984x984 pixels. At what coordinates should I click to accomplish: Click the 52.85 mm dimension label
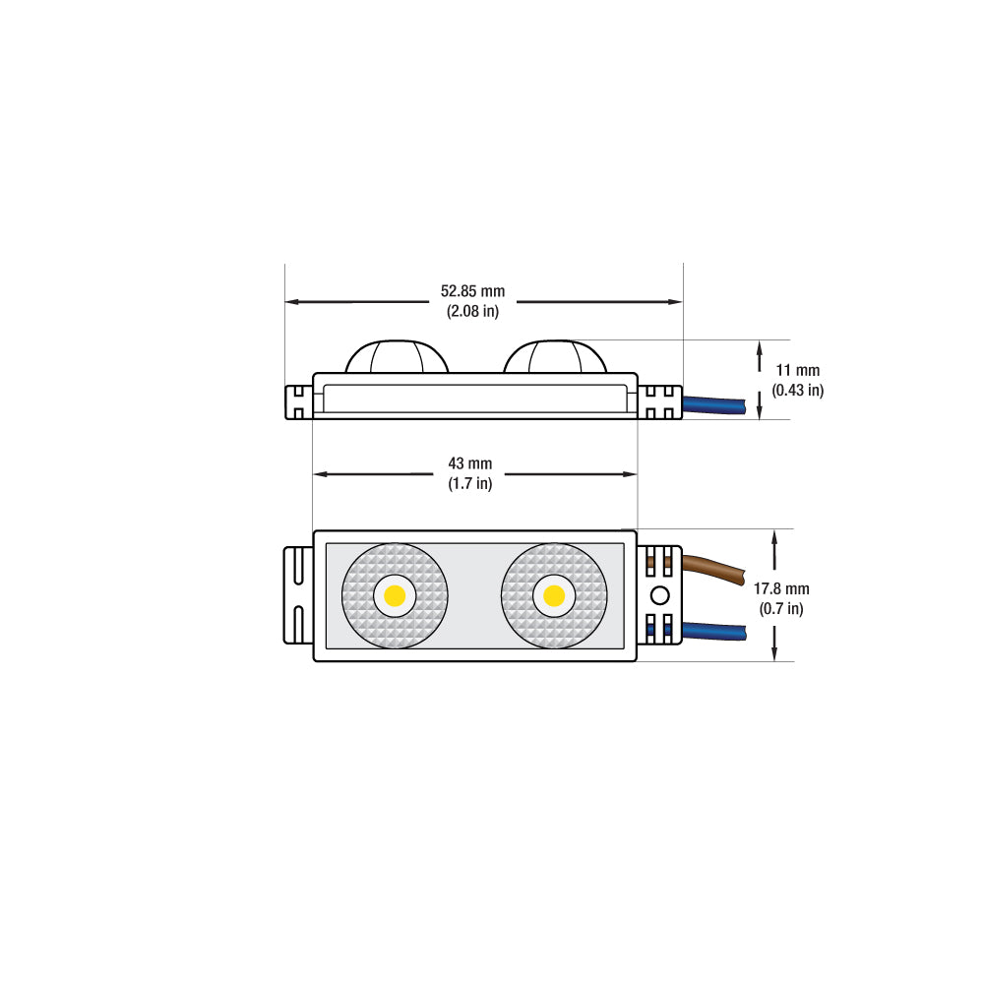click(472, 291)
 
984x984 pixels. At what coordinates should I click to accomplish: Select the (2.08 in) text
click(472, 311)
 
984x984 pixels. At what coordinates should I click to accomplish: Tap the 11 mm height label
click(797, 370)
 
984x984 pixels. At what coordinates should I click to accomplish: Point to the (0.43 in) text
click(798, 390)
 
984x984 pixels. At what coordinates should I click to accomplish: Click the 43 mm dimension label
click(470, 463)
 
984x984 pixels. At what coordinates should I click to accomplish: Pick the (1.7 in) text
click(470, 483)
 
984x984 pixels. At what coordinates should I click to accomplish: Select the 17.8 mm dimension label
click(781, 588)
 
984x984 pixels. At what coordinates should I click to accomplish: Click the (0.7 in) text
click(781, 608)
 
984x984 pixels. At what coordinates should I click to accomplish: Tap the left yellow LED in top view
click(396, 595)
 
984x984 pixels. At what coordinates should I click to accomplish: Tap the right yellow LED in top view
click(554, 595)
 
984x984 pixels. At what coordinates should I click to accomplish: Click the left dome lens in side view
click(397, 357)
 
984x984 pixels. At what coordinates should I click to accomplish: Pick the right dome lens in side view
click(555, 357)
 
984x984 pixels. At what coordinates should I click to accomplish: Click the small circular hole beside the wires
click(660, 594)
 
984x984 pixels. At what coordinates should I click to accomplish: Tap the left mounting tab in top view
click(298, 594)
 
